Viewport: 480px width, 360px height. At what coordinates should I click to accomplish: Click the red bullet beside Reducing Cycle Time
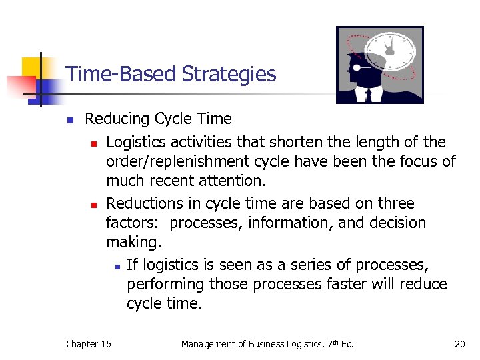pos(69,121)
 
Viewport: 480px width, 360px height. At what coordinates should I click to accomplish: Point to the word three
pos(394,203)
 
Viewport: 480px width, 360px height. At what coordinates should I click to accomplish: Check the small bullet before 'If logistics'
pos(117,266)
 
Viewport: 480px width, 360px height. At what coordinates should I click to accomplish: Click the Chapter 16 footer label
pos(89,344)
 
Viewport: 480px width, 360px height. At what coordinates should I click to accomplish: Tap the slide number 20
pos(459,344)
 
